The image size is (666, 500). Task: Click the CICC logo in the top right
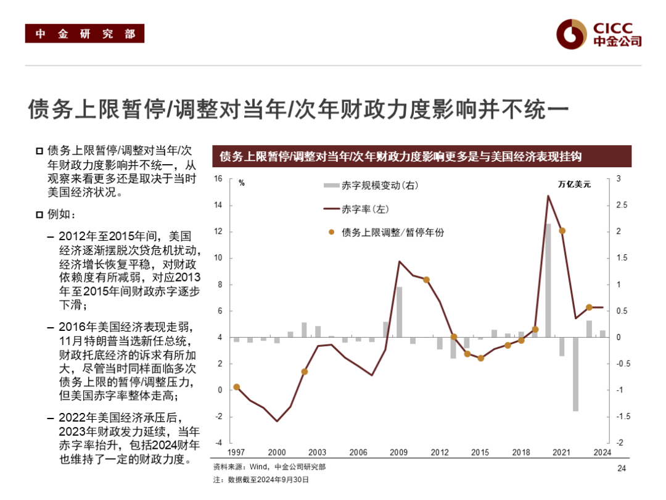pyautogui.click(x=598, y=34)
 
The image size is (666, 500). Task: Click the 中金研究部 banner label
pyautogui.click(x=84, y=34)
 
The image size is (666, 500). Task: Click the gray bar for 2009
pyautogui.click(x=399, y=312)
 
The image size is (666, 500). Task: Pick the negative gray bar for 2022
pyautogui.click(x=575, y=374)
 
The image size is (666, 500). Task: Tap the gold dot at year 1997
pyautogui.click(x=236, y=387)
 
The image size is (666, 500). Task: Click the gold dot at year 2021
pyautogui.click(x=562, y=231)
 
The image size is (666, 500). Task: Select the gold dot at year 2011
pyautogui.click(x=426, y=280)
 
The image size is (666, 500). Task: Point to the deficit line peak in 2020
pyautogui.click(x=548, y=196)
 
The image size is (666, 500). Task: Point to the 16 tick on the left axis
pyautogui.click(x=217, y=179)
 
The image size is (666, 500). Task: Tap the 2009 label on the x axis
pyautogui.click(x=399, y=452)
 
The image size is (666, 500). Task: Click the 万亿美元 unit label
pyautogui.click(x=574, y=184)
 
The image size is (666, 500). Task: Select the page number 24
pyautogui.click(x=621, y=469)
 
